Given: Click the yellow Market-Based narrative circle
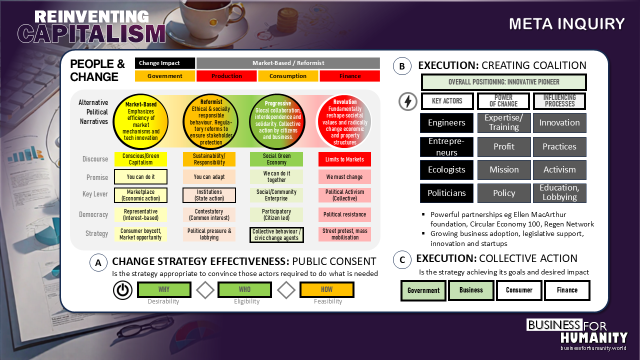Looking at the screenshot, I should (x=141, y=121).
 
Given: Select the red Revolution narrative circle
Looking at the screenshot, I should (x=344, y=121).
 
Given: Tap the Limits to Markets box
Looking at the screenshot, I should (x=344, y=159).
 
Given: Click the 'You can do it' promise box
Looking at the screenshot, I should (x=140, y=177).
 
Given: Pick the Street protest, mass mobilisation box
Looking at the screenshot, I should (x=344, y=234).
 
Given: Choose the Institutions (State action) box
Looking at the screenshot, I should (x=209, y=195).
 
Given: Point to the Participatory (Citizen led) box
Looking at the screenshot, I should (x=276, y=214).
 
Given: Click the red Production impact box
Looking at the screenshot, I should (x=226, y=76).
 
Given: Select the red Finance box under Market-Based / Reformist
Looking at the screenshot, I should (x=349, y=76).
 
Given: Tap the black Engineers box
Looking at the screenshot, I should (x=446, y=122).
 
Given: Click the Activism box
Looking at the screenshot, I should (x=559, y=169).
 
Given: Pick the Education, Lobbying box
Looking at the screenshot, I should (x=559, y=192).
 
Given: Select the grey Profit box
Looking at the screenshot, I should (x=504, y=146).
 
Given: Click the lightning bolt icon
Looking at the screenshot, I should (x=408, y=101).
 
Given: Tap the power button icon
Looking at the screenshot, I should (x=122, y=290).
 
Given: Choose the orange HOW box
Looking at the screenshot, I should (x=326, y=289).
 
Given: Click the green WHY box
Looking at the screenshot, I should (x=164, y=289).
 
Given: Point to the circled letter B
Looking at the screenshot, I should (x=402, y=66).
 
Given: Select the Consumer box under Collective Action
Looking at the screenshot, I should (x=519, y=290).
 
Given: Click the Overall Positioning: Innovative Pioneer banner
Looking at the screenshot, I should (x=503, y=82).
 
